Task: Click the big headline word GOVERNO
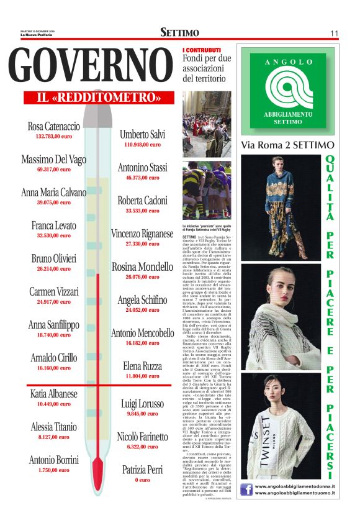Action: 92,65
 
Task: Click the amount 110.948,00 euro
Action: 142,144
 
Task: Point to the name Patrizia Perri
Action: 142,470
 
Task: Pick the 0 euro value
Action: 142,480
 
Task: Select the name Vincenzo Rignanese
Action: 142,234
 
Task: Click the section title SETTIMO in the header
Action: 179,32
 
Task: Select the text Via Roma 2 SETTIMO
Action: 287,145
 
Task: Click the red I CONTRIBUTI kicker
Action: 202,50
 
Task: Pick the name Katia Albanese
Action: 54,394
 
